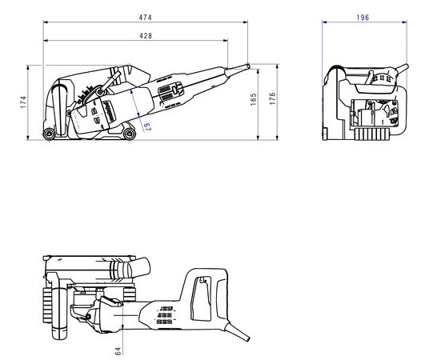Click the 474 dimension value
pos(145,18)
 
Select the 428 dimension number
pos(146,36)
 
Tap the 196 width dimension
pos(363,18)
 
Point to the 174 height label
pos(23,102)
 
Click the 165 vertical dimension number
pos(253,99)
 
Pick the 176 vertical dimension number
pos(273,98)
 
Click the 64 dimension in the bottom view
pos(118,351)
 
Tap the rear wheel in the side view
pos(49,134)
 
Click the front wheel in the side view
pos(129,134)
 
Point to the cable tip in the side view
pos(248,66)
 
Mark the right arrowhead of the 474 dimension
pos(246,22)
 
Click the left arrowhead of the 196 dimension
pos(324,22)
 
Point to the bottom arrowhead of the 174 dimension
pos(28,138)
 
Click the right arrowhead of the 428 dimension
pos(226,41)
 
